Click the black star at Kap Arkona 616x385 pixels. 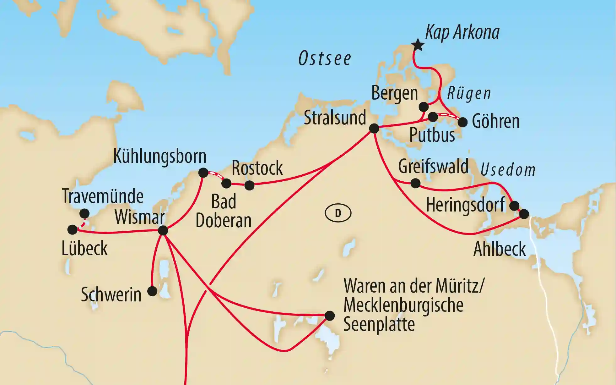pos(418,45)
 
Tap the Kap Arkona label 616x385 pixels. pos(462,32)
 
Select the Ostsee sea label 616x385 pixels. pos(325,59)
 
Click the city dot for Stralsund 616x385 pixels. pos(374,128)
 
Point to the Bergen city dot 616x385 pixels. pos(424,107)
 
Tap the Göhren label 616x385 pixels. pos(496,122)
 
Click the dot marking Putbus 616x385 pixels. pos(433,117)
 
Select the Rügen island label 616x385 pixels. pos(469,93)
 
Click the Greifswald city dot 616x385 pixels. pos(415,183)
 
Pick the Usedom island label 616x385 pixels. pos(508,170)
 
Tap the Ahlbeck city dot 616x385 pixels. pos(524,214)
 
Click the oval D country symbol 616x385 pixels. pos(338,213)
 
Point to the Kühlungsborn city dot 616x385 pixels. pos(203,173)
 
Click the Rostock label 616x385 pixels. pos(257,168)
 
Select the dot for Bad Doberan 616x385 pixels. pos(226,183)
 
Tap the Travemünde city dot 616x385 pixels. pos(84,214)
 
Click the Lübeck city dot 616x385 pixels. pos(73,229)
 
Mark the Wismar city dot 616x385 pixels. pos(163,231)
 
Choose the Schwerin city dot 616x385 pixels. pos(152,291)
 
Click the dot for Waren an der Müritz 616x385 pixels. pos(329,316)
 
